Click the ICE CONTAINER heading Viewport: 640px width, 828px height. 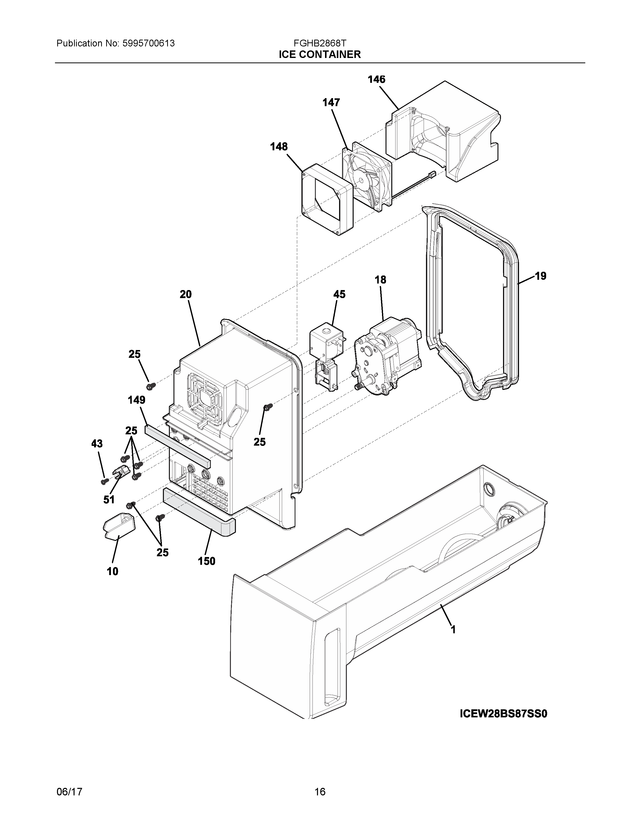click(319, 55)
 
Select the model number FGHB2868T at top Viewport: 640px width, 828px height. click(319, 43)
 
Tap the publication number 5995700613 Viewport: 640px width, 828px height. click(148, 43)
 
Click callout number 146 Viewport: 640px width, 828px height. click(376, 79)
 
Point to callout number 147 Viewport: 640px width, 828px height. click(331, 102)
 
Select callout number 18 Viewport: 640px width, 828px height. click(380, 280)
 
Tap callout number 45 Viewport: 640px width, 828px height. click(339, 294)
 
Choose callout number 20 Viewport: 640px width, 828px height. click(185, 294)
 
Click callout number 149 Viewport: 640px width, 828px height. click(137, 400)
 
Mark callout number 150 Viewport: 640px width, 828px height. click(207, 561)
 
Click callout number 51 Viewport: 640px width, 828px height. click(109, 500)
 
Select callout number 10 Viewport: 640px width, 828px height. click(113, 571)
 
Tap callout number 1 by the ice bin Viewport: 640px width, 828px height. click(453, 630)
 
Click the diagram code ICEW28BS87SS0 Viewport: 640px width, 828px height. click(503, 714)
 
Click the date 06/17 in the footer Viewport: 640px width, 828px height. click(69, 789)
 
